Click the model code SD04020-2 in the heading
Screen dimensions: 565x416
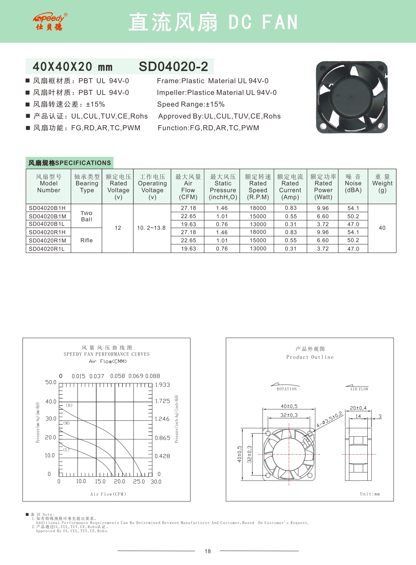(173, 66)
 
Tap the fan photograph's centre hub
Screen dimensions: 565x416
(351, 97)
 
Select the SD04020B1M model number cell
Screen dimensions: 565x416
(48, 216)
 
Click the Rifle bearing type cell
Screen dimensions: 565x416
(86, 240)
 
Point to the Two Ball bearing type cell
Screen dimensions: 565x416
(86, 216)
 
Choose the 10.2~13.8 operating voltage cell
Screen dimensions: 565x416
(152, 228)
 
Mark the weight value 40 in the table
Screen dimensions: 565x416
(382, 228)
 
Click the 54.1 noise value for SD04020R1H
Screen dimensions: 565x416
(353, 232)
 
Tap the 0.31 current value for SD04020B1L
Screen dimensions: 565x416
(291, 224)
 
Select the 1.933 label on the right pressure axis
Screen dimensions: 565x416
(163, 385)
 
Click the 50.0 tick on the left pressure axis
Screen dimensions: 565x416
(51, 382)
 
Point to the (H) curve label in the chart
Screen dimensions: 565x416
(69, 405)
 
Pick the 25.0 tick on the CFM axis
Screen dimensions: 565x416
(139, 481)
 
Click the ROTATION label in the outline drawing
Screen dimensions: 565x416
(287, 389)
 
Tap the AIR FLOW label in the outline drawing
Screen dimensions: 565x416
(359, 389)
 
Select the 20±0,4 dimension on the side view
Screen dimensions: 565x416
(358, 408)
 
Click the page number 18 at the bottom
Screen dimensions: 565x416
(208, 551)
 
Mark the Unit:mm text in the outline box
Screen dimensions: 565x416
(370, 494)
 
